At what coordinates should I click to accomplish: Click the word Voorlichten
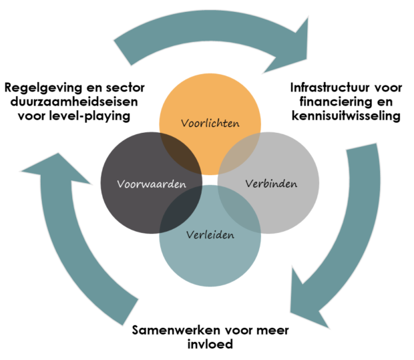point(210,124)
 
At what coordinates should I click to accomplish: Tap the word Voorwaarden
point(151,184)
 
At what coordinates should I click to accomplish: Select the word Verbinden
point(270,183)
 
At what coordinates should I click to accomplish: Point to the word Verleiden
point(210,235)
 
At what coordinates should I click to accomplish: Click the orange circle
point(210,100)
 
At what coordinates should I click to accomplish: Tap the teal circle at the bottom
point(210,264)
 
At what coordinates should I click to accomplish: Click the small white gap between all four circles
point(210,180)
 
